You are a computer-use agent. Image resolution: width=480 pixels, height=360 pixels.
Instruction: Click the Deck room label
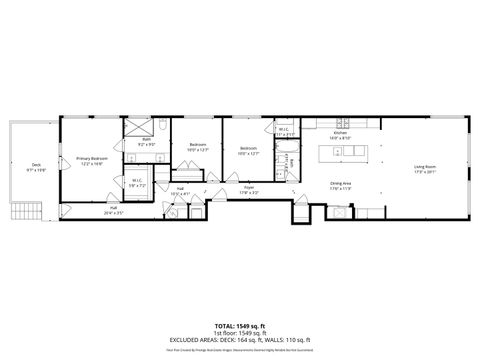(36, 166)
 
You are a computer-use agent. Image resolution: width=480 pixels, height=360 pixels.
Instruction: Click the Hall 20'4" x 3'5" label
(113, 211)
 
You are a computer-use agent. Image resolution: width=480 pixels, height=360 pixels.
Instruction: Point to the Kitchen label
(339, 135)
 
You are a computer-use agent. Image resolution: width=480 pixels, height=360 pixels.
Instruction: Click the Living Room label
(425, 168)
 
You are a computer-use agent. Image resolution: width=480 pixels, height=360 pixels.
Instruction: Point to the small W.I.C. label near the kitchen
(284, 131)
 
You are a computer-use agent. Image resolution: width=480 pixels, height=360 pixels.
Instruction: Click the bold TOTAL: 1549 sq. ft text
(240, 325)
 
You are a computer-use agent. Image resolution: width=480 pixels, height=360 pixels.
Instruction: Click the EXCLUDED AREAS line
(240, 340)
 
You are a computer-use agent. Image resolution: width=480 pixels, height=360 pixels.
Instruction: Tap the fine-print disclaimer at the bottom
(240, 350)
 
